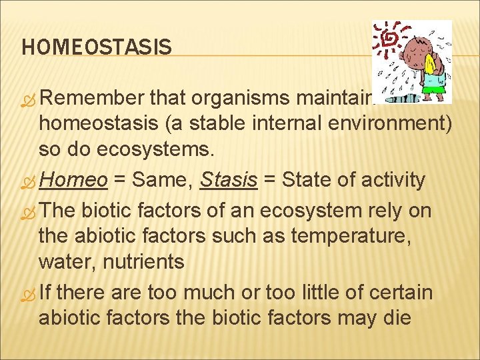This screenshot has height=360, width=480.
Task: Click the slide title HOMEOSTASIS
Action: pos(96,47)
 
